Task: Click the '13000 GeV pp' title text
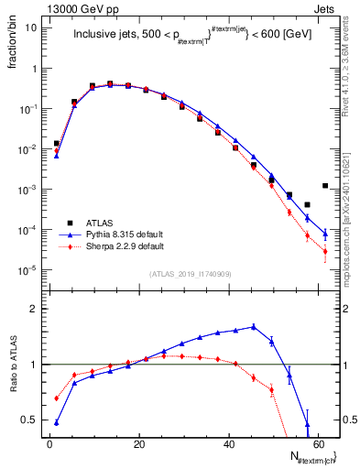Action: [x=73, y=7]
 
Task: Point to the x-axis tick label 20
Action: [x=138, y=444]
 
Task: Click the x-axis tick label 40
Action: [x=228, y=444]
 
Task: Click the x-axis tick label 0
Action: [x=49, y=444]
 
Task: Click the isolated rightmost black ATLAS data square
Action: [x=325, y=186]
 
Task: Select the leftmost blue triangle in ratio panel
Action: [x=57, y=422]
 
